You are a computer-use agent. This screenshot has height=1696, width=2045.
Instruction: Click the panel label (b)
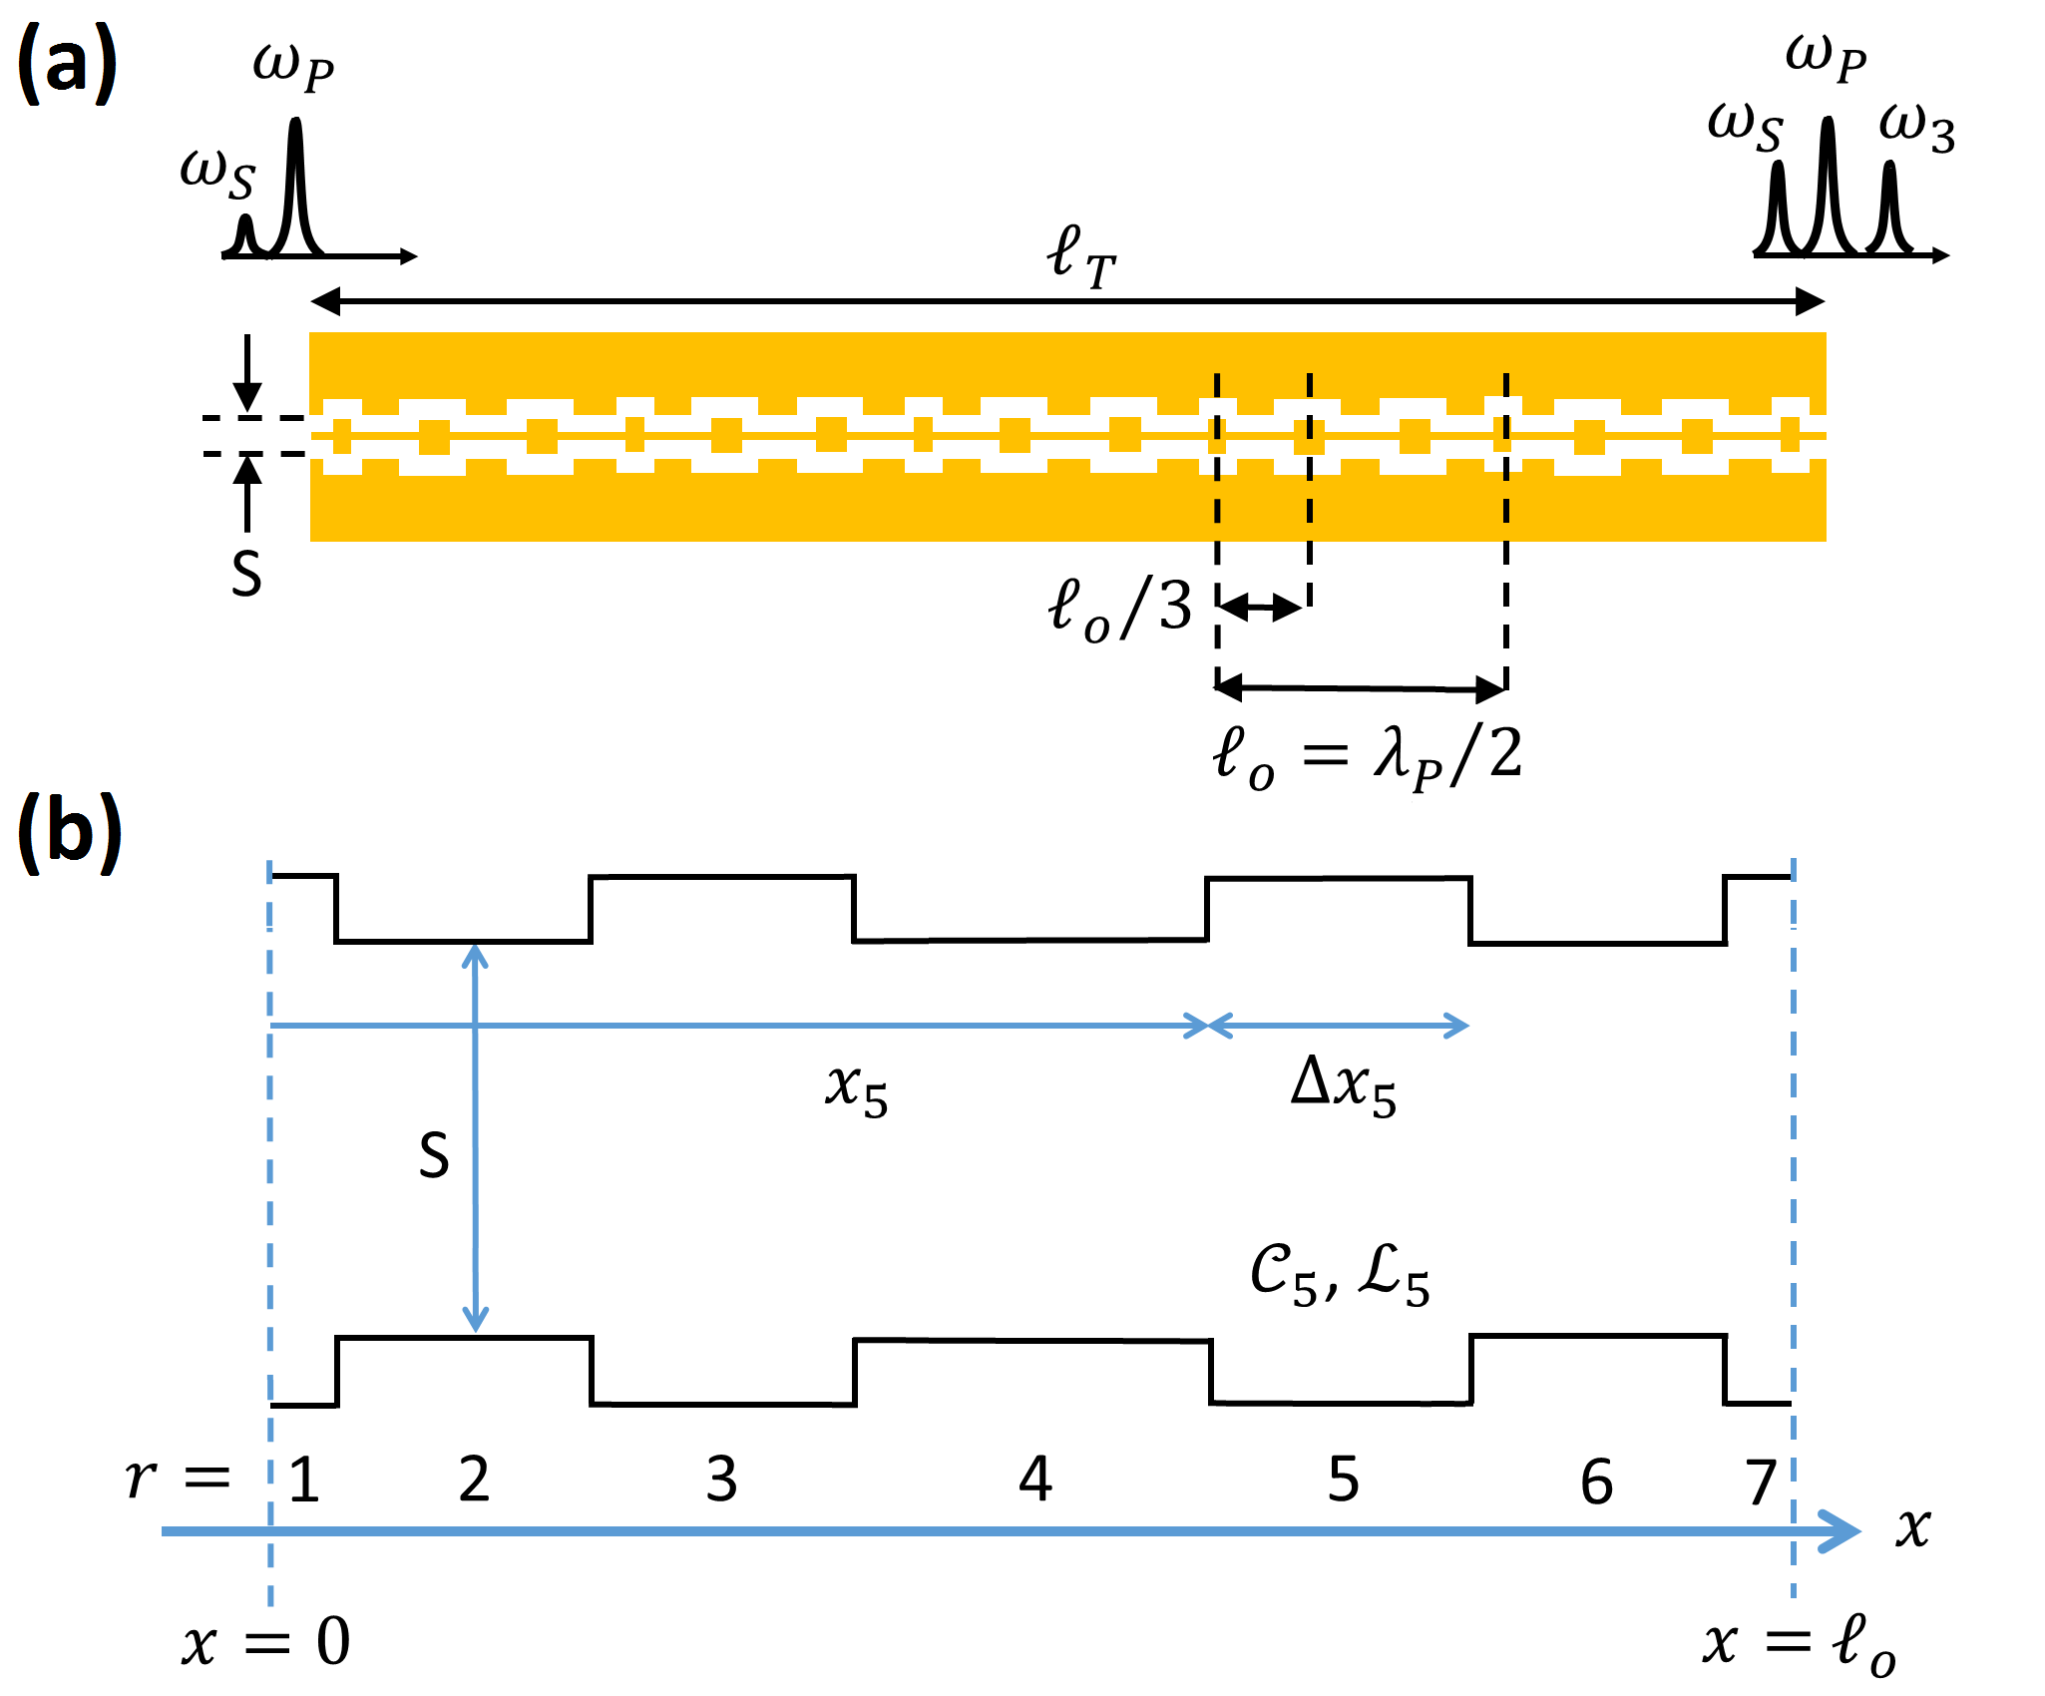point(70,833)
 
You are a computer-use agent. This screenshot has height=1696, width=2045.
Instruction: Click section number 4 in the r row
point(1035,1479)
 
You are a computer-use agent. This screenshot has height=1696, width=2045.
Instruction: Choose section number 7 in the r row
point(1762,1482)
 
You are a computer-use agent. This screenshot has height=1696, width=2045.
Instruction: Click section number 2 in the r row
point(474,1479)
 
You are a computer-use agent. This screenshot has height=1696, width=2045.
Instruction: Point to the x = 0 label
point(265,1642)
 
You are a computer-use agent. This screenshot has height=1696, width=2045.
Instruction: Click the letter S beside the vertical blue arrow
point(434,1157)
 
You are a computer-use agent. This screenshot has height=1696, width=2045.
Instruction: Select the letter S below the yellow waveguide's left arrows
point(246,576)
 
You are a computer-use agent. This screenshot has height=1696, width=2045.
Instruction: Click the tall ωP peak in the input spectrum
point(295,180)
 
